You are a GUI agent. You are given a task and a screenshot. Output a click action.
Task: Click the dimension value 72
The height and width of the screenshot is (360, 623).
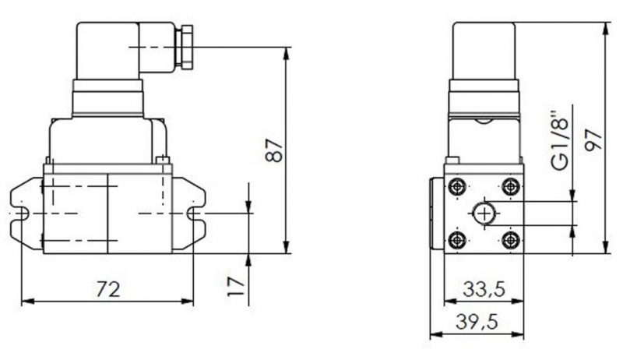point(108,289)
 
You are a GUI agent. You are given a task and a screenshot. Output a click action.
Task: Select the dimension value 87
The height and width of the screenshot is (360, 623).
point(274,150)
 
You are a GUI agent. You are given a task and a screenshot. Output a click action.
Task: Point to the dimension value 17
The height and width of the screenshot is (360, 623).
point(236,287)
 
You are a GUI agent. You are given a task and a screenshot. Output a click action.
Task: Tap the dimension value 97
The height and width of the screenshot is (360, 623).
point(593,139)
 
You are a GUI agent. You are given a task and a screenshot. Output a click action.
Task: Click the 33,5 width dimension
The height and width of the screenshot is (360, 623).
point(484,289)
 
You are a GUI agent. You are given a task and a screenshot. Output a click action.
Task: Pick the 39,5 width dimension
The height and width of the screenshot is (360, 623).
point(477,322)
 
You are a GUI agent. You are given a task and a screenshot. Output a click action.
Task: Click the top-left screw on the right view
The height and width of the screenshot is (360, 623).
point(457,186)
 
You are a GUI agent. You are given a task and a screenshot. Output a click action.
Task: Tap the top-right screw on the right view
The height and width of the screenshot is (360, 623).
point(511,186)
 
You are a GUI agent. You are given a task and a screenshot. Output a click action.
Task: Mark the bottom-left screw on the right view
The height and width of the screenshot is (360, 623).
point(457,240)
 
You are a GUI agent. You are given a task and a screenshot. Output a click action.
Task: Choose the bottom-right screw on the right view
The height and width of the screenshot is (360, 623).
point(511,240)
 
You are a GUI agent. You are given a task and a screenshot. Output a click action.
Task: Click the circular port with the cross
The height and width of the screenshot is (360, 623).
point(484,214)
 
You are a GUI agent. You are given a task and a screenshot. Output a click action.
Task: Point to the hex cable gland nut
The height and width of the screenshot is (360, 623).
point(187,47)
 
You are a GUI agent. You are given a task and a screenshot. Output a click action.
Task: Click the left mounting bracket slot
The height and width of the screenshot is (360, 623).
point(20,214)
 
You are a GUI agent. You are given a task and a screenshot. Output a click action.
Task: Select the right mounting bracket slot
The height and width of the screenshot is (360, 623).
point(195,214)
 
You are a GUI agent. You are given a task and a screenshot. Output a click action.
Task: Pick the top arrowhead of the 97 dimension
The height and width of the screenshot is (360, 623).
point(606,28)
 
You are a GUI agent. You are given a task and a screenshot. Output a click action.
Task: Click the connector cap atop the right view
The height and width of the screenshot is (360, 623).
point(484,51)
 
